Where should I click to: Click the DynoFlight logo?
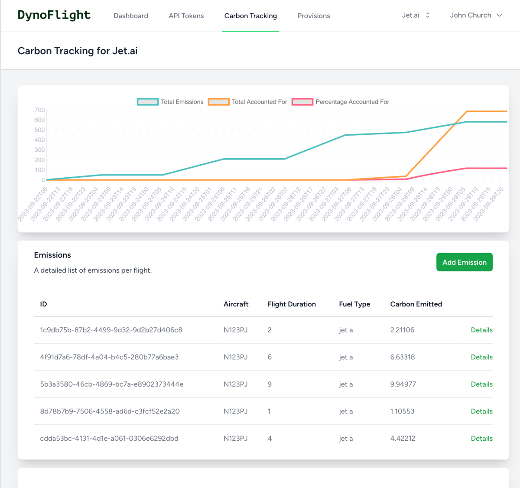[x=54, y=15]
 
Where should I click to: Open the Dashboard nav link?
[x=131, y=16]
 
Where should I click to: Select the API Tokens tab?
[x=186, y=16]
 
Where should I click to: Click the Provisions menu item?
[x=314, y=16]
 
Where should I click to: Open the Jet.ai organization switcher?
[x=416, y=15]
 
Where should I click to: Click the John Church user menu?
[x=476, y=15]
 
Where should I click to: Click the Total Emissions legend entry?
[x=170, y=102]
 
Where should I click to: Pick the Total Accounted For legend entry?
[x=248, y=102]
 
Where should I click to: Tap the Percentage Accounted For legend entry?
[x=341, y=102]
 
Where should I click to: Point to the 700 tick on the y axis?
[x=39, y=110]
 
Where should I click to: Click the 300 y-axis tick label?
[x=39, y=150]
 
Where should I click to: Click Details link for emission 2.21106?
[x=481, y=330]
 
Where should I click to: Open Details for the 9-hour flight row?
[x=481, y=384]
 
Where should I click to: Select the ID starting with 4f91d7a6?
[x=109, y=357]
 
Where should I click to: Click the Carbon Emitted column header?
[x=416, y=304]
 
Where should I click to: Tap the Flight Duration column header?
[x=292, y=304]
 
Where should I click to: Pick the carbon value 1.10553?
[x=402, y=411]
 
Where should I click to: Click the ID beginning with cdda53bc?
[x=109, y=438]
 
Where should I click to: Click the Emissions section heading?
[x=52, y=255]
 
